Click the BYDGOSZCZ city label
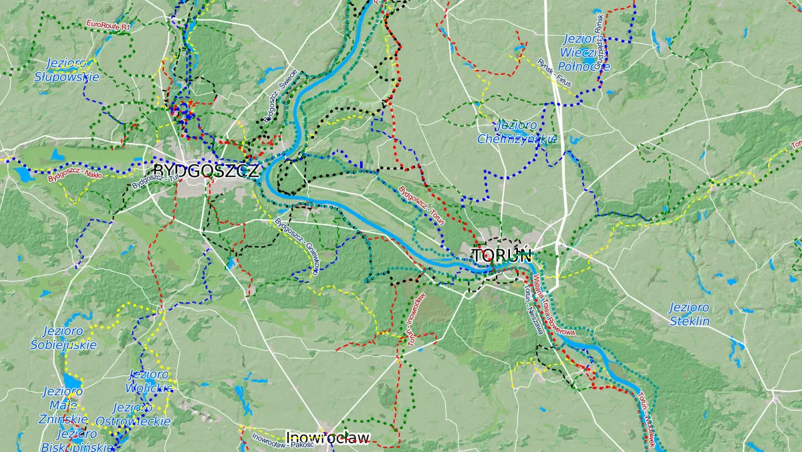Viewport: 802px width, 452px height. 205,171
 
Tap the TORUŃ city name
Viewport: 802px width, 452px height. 501,255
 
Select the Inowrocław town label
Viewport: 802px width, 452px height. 327,438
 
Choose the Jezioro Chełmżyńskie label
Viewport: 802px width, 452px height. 517,132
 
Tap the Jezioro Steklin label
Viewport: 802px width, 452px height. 689,314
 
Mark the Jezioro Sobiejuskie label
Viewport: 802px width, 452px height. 63,338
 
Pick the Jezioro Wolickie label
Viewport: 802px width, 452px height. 150,380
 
